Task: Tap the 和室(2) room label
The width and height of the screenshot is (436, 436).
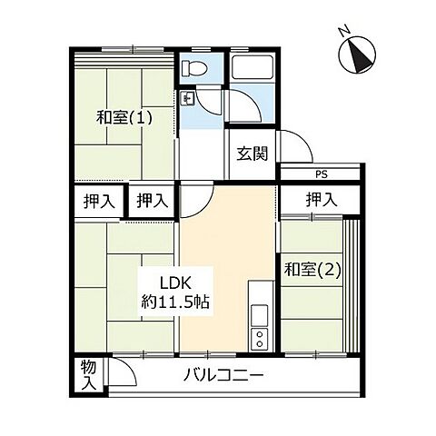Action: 312,269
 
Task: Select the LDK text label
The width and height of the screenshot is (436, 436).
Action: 175,282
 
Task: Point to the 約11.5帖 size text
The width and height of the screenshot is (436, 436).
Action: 175,302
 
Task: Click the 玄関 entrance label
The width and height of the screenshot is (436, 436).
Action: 253,154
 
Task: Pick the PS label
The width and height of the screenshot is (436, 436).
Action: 321,174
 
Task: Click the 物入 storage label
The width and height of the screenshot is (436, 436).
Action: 87,373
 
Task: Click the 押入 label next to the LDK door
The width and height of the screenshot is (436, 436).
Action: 152,202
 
